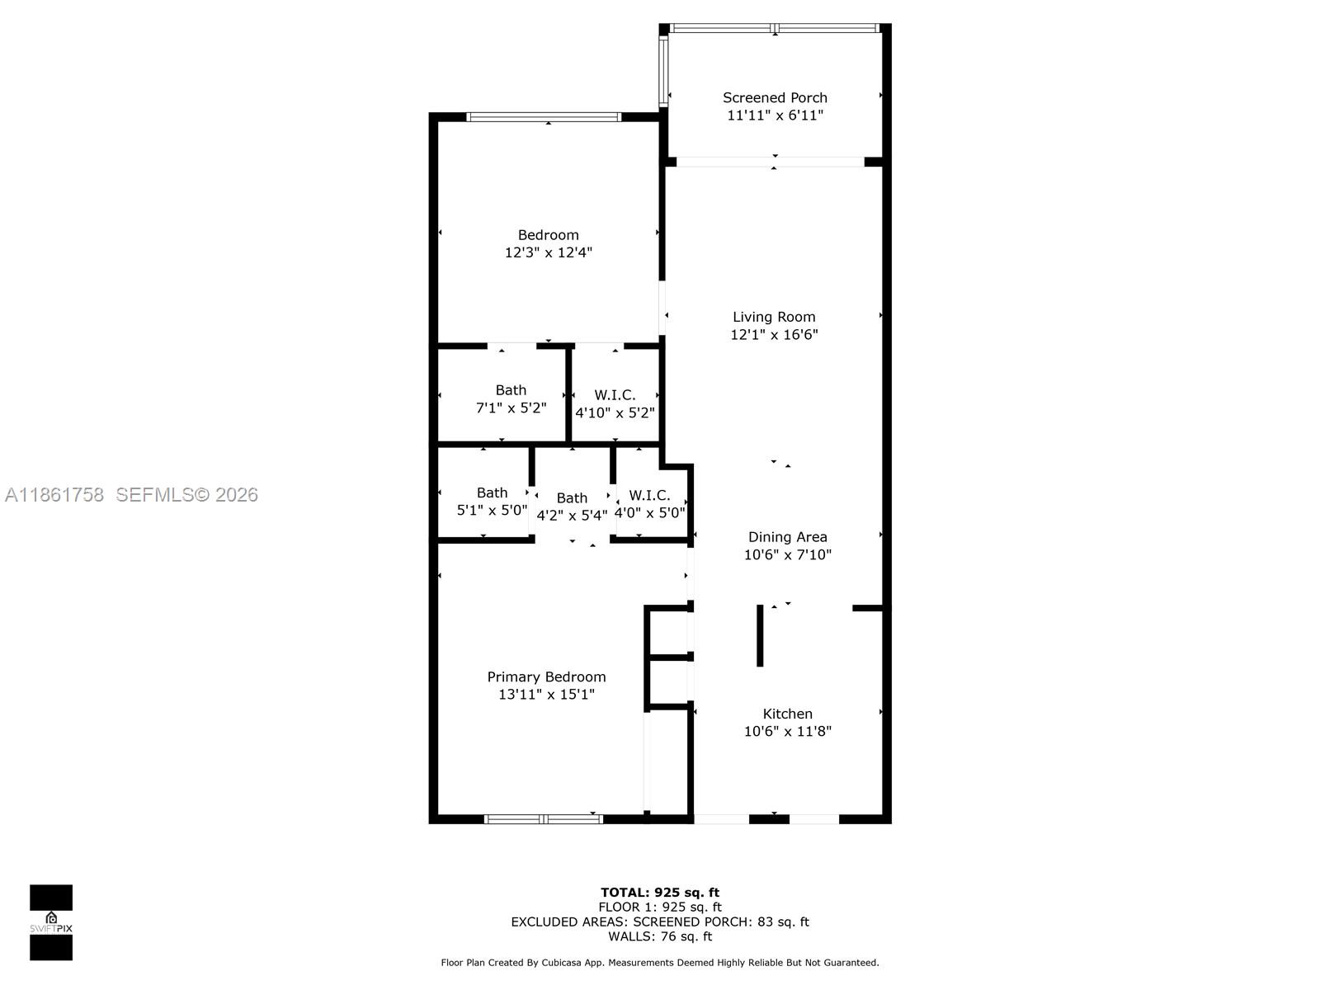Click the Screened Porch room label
tap(775, 97)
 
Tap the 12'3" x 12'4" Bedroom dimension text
tap(549, 252)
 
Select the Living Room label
tap(774, 317)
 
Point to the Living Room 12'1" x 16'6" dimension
tap(774, 334)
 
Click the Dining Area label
tap(787, 537)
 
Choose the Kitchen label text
tap(787, 714)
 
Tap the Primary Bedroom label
tap(546, 676)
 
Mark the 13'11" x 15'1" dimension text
tap(546, 694)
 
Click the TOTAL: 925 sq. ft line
tap(659, 892)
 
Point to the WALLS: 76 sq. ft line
tap(659, 936)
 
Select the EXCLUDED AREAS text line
tap(659, 922)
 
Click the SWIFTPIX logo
tap(51, 922)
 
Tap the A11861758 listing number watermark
tap(54, 494)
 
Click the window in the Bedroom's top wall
tap(544, 117)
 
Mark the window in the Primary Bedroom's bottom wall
tap(544, 819)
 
